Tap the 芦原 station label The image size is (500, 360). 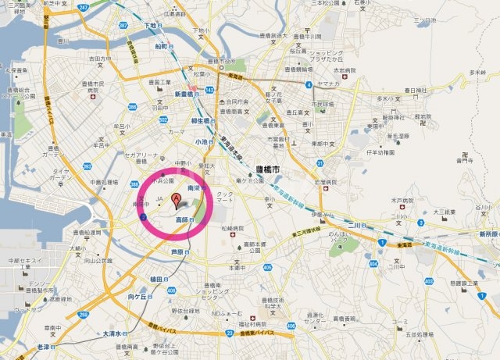pos(178,252)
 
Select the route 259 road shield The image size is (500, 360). pos(83,314)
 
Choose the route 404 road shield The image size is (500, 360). pos(373,264)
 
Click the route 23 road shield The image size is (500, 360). pos(229,332)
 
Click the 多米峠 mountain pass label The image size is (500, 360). pos(476,73)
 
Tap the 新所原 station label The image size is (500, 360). pos(487,233)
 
